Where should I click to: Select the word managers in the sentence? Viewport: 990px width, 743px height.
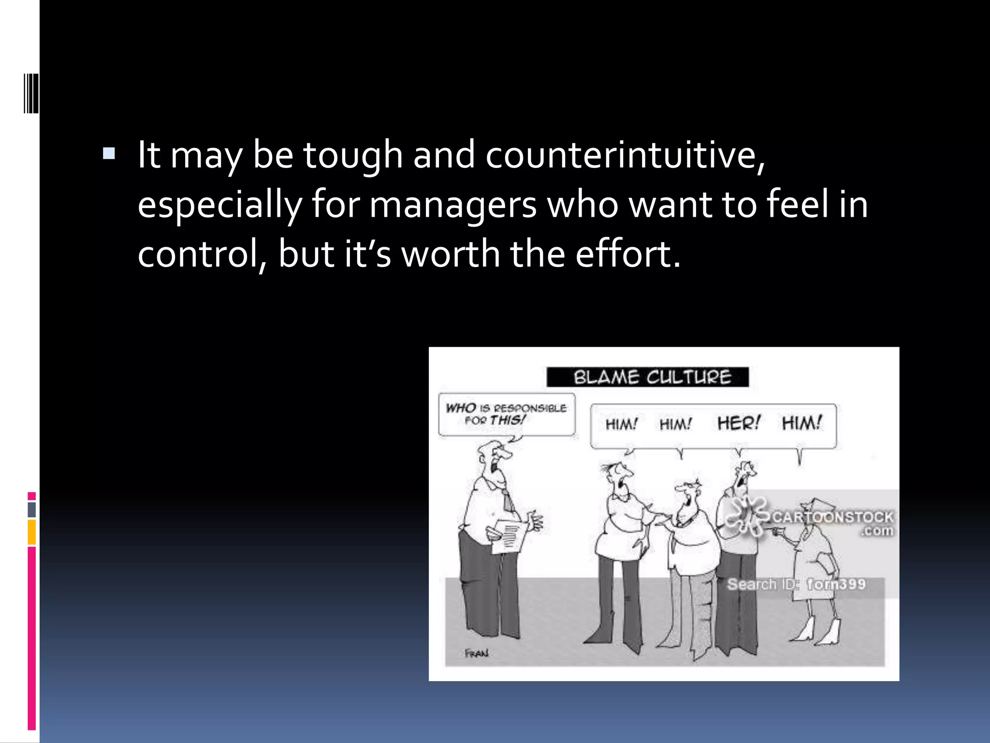tap(453, 205)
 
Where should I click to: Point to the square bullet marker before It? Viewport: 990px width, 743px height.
tap(109, 154)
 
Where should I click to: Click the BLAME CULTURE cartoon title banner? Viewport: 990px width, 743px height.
tap(647, 377)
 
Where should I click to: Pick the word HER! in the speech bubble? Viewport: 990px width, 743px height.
tap(739, 423)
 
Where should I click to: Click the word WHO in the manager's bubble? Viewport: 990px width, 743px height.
tap(461, 408)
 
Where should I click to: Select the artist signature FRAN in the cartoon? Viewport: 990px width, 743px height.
tap(477, 654)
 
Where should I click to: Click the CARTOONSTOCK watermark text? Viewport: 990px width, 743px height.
tap(833, 517)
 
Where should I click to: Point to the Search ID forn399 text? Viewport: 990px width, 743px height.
tap(796, 584)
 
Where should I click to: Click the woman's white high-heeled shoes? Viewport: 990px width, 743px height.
tap(817, 632)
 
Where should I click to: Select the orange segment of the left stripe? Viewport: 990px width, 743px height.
tap(32, 532)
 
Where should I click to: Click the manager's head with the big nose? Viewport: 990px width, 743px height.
tap(495, 457)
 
